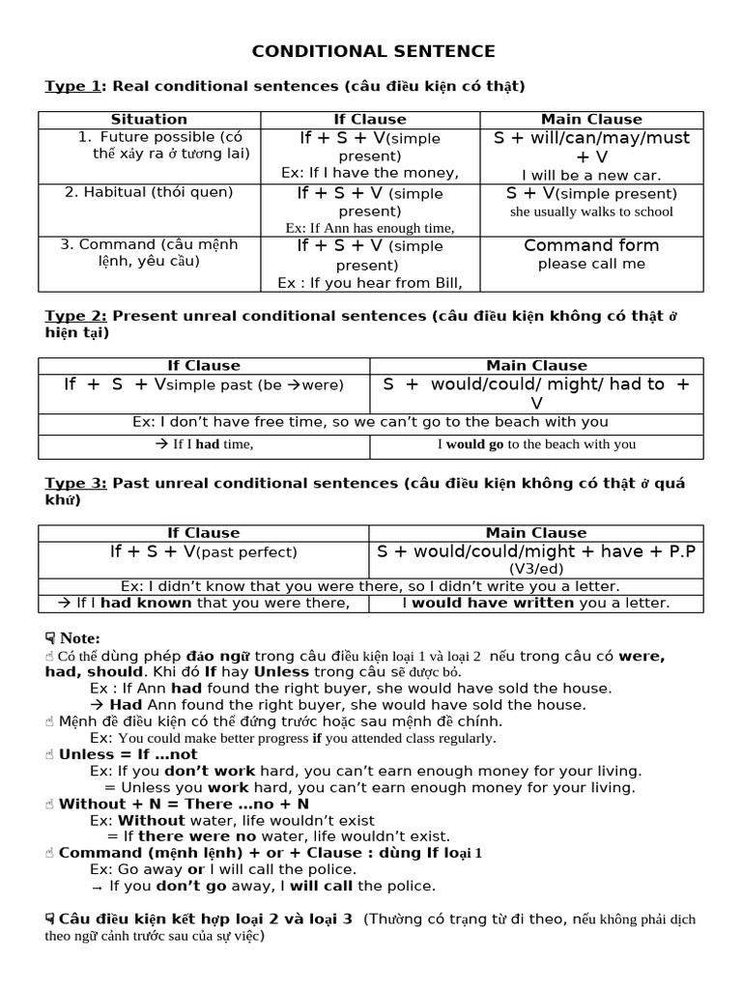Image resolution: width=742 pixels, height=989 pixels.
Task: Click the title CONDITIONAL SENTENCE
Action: (374, 51)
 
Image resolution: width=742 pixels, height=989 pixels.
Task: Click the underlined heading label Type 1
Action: (73, 86)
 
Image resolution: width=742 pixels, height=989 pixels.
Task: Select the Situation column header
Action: (149, 120)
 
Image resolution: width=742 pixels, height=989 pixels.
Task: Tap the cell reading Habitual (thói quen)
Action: (149, 192)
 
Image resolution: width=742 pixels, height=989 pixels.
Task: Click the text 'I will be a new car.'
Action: (591, 175)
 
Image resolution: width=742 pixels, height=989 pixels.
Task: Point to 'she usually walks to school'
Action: (591, 212)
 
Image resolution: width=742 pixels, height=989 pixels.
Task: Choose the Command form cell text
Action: (591, 245)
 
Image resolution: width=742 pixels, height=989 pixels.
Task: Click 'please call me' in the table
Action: (591, 264)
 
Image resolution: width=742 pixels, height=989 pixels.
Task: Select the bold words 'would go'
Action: (474, 444)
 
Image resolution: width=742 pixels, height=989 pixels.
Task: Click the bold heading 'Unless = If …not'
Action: (128, 754)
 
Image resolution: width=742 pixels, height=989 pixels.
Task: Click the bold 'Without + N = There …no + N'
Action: (184, 804)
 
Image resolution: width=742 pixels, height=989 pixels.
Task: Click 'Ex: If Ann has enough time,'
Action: (370, 228)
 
